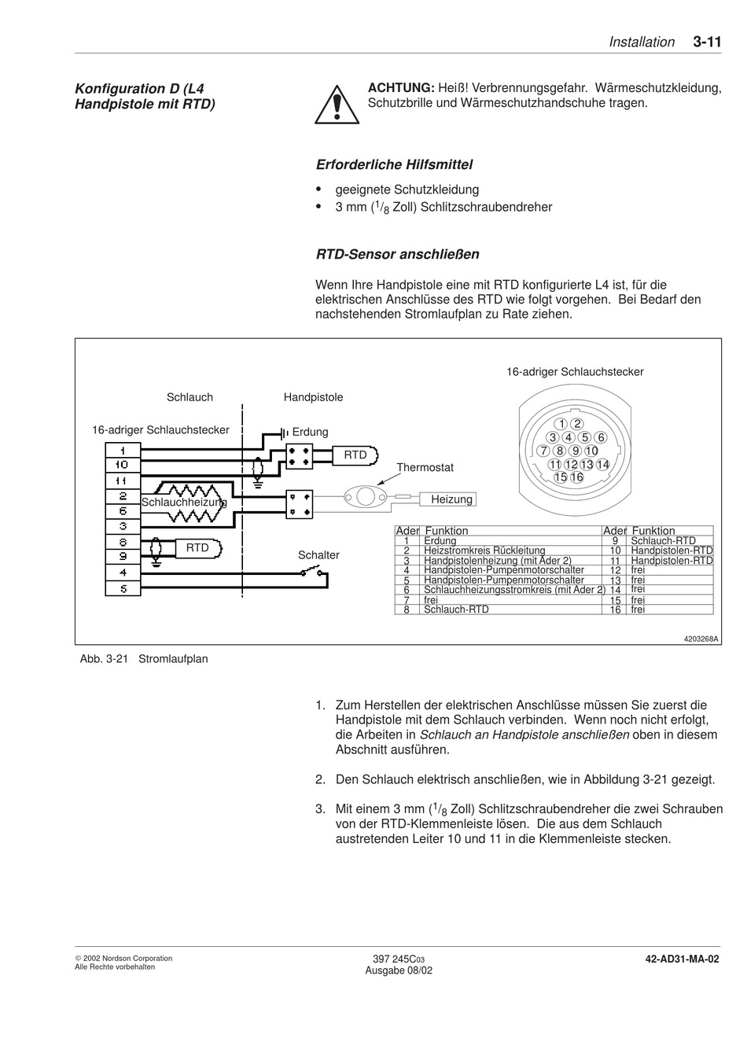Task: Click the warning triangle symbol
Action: [x=337, y=105]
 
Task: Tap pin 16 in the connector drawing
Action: [x=577, y=477]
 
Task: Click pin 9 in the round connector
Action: [x=576, y=451]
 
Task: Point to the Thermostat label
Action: [x=425, y=468]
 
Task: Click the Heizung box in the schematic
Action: [x=451, y=499]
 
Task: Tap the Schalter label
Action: [x=318, y=555]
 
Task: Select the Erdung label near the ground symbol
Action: [x=310, y=432]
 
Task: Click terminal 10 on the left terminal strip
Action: [x=123, y=466]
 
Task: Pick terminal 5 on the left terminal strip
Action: [x=123, y=588]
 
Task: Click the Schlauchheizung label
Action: [x=184, y=502]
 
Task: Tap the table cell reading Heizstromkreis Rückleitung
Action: [x=484, y=551]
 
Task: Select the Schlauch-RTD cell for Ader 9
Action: [x=663, y=541]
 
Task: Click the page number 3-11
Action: [x=707, y=42]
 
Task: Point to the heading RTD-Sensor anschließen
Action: [x=397, y=255]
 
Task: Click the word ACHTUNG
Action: [x=401, y=88]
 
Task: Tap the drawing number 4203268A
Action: [x=701, y=639]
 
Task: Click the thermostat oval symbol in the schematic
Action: [x=365, y=496]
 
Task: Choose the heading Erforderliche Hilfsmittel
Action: [x=394, y=165]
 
